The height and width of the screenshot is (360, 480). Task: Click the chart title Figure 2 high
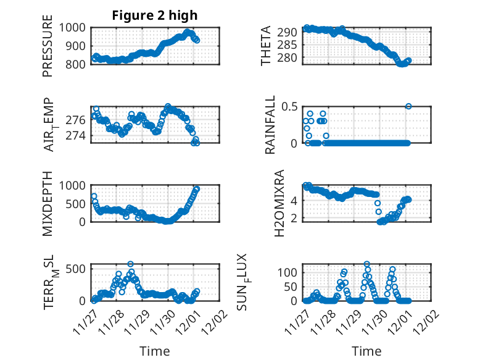click(x=155, y=15)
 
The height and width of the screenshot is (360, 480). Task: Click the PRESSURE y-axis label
click(x=48, y=46)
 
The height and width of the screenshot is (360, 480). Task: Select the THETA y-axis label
click(x=266, y=46)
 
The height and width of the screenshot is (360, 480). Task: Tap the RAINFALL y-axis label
click(x=270, y=124)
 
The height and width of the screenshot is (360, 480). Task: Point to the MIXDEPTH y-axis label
click(x=48, y=203)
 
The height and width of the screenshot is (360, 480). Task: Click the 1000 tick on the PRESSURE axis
click(x=77, y=28)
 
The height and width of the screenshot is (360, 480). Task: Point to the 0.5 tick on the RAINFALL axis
click(x=292, y=106)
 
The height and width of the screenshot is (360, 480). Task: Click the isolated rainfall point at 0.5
click(x=408, y=106)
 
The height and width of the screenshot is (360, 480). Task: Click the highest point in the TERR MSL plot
click(x=130, y=264)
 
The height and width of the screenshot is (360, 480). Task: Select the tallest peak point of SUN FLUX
click(x=367, y=264)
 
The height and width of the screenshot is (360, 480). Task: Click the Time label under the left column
click(x=155, y=351)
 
